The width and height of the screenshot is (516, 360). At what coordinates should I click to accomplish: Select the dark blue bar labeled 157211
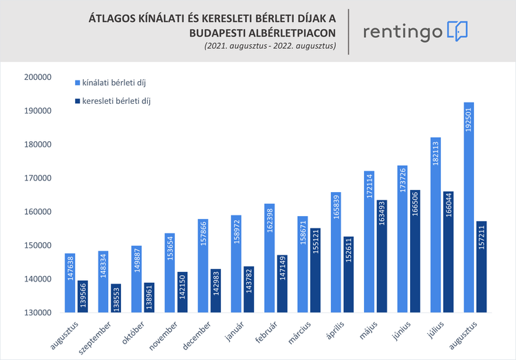pyautogui.click(x=482, y=266)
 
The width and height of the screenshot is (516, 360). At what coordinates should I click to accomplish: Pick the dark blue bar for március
pyautogui.click(x=315, y=270)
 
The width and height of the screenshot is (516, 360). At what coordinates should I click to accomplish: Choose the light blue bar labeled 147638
pyautogui.click(x=69, y=282)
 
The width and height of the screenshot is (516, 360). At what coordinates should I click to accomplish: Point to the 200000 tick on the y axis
pyautogui.click(x=38, y=77)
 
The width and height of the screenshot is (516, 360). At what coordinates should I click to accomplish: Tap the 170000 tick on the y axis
pyautogui.click(x=38, y=178)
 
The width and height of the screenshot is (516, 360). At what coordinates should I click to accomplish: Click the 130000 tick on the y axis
pyautogui.click(x=38, y=312)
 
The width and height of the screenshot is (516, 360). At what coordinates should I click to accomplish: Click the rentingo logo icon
pyautogui.click(x=458, y=31)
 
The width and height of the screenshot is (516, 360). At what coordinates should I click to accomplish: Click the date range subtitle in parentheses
pyautogui.click(x=269, y=47)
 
